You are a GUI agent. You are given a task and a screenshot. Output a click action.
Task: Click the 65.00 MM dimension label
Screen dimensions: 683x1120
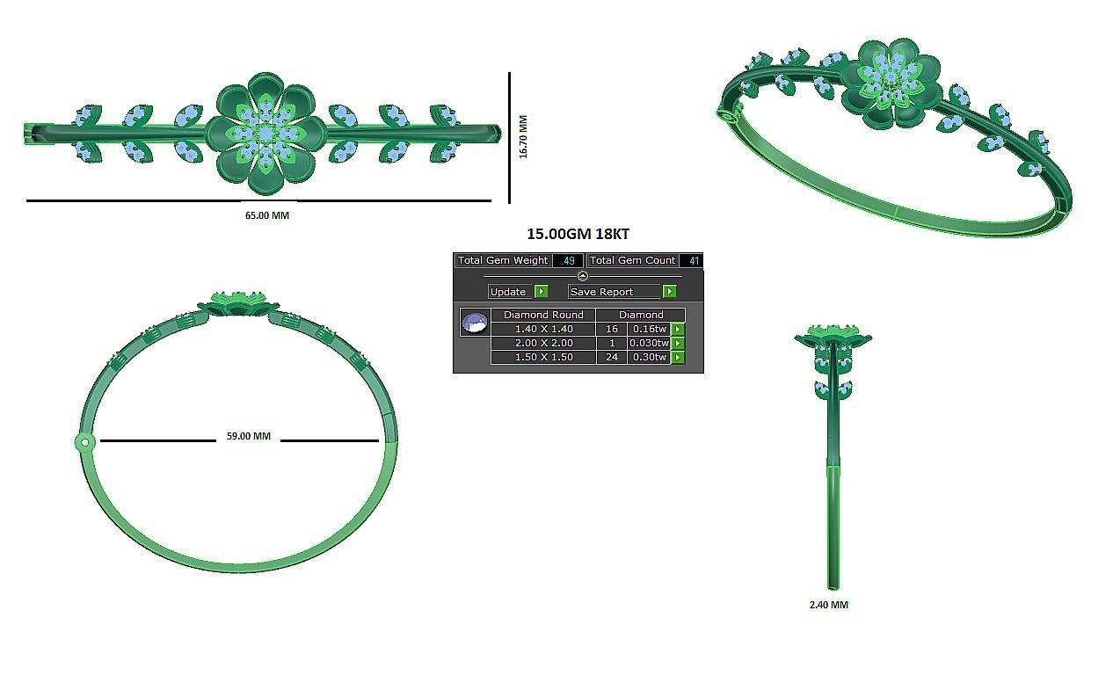coord(266,215)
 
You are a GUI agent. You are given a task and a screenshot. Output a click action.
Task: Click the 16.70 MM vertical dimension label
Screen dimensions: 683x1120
coord(523,136)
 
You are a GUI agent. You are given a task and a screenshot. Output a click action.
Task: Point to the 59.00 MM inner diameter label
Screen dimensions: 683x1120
coord(249,436)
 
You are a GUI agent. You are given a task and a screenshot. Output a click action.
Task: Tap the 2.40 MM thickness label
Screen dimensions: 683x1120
coord(828,605)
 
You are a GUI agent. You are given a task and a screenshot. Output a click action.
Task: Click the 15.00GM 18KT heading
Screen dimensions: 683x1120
coord(578,234)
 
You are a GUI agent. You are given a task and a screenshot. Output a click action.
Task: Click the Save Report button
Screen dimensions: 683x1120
coord(613,292)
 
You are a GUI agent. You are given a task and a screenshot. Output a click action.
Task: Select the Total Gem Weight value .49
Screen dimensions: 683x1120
coord(569,261)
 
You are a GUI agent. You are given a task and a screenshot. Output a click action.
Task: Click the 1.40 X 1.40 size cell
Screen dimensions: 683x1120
coord(543,329)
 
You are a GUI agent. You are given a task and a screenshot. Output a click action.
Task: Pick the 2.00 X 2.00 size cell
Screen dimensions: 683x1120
coord(543,343)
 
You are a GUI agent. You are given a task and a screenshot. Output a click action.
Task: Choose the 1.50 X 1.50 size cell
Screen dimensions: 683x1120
coord(543,357)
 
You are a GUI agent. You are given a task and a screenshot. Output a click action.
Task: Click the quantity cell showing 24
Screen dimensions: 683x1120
coord(611,357)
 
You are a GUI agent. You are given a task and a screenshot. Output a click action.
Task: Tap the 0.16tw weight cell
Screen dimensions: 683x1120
coord(649,329)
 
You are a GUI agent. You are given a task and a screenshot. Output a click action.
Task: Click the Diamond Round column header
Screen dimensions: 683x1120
coord(543,315)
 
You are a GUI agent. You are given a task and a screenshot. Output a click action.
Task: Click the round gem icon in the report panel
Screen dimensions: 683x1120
coord(475,323)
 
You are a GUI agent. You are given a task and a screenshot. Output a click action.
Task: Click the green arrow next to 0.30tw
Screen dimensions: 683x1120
coord(678,358)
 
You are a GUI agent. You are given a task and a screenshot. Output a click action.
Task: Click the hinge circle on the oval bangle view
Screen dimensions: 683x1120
coord(84,442)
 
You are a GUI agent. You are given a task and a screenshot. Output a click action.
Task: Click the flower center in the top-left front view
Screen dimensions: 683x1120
coord(265,134)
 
